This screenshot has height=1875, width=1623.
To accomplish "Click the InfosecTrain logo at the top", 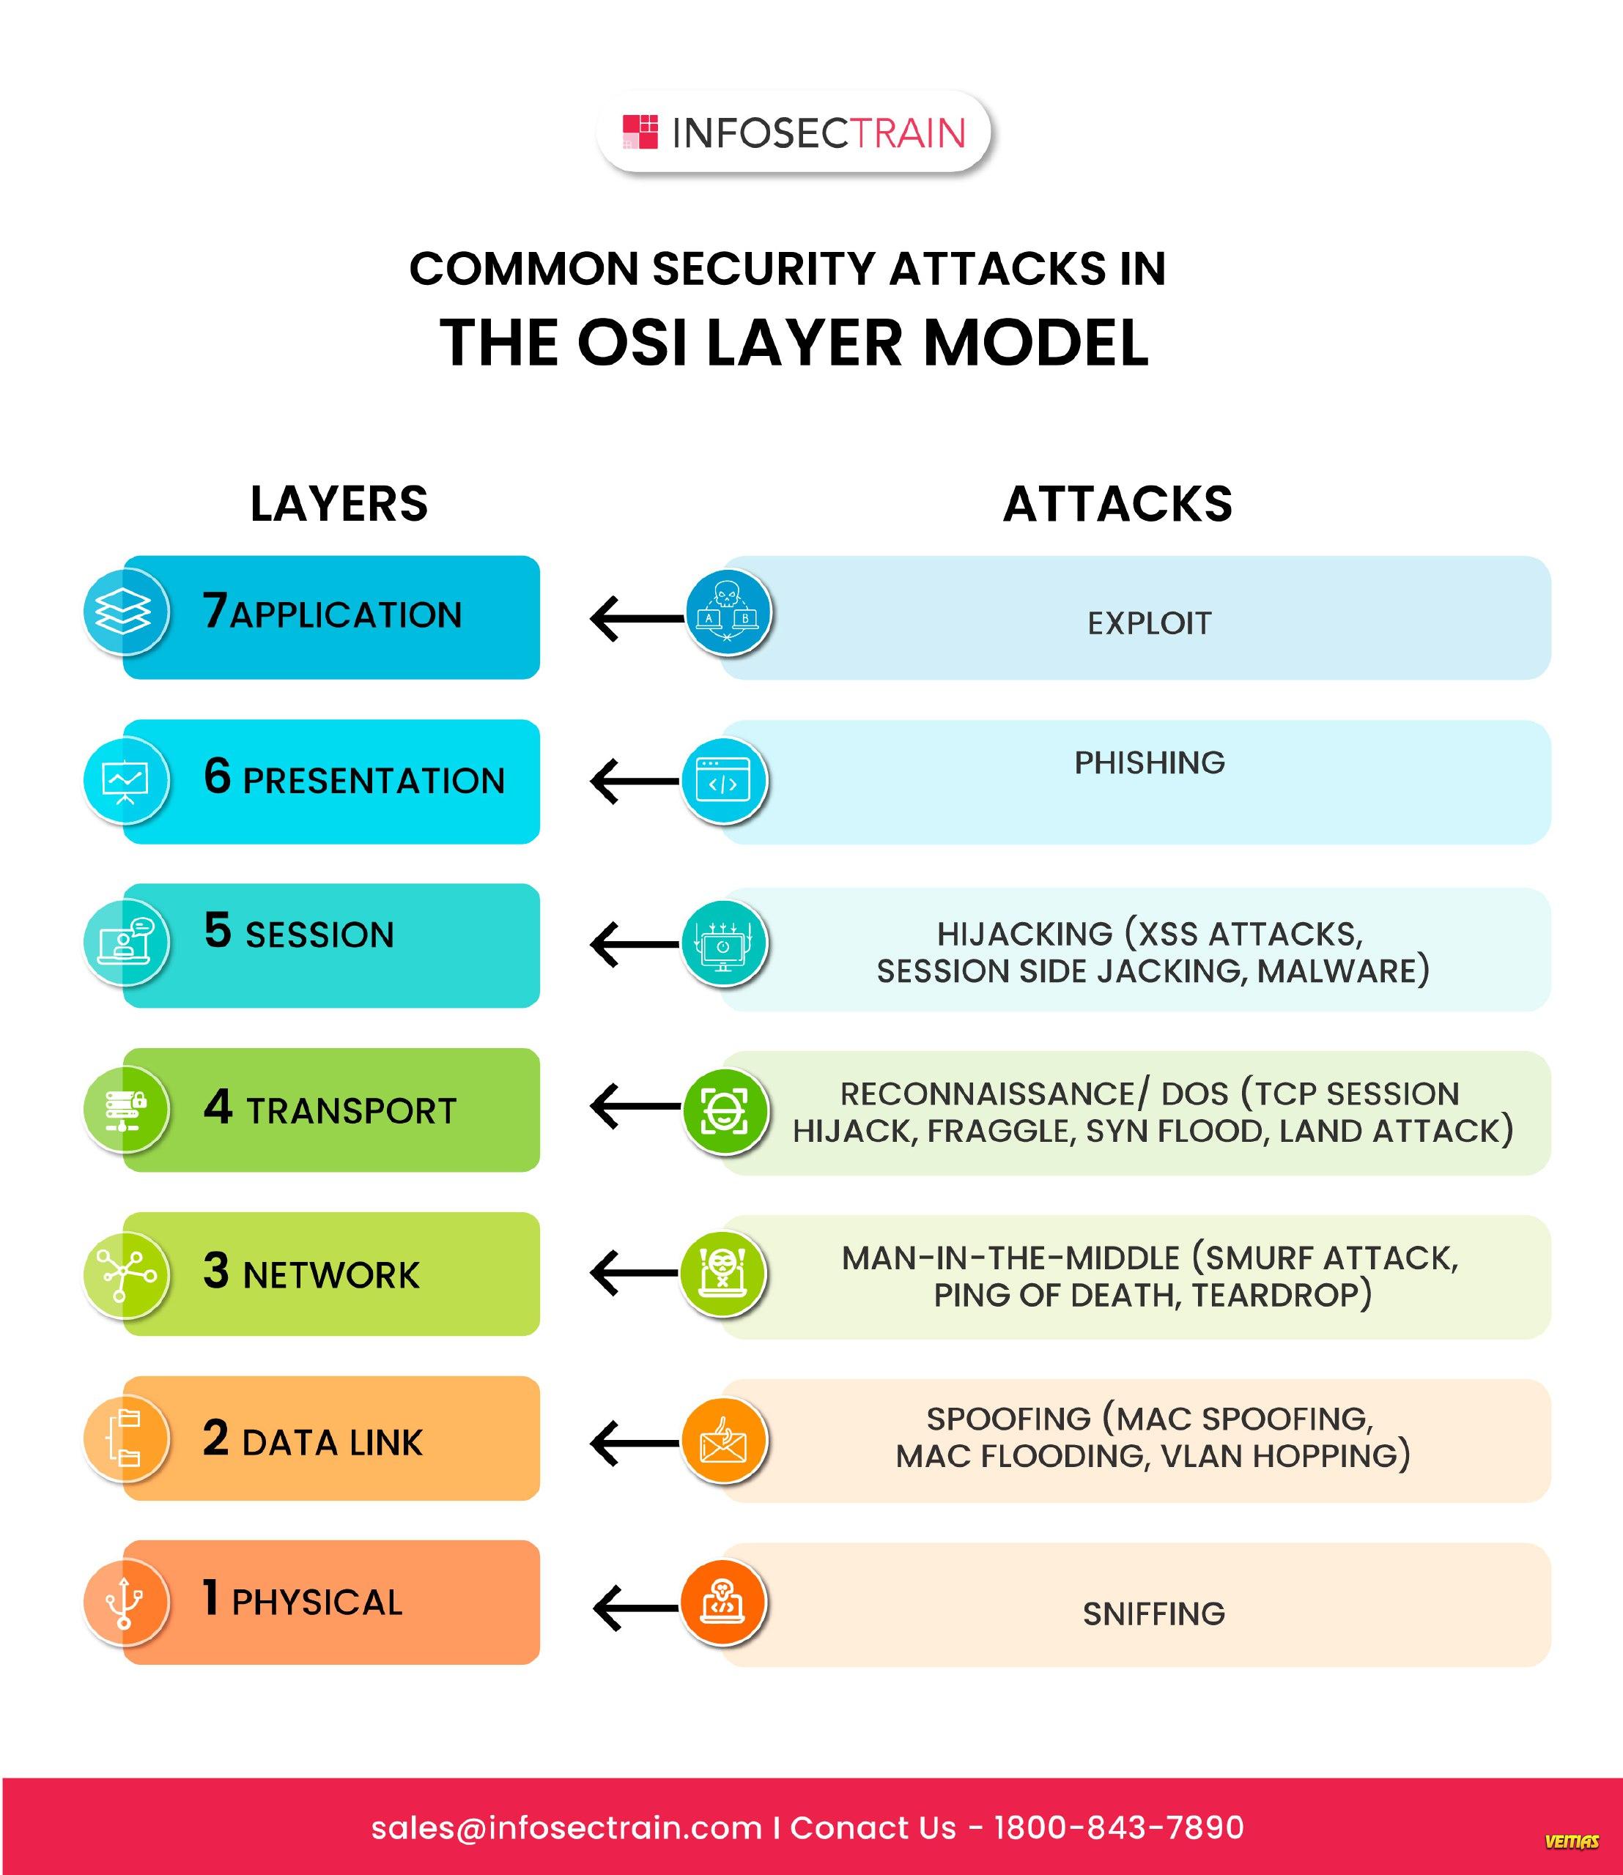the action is (794, 132).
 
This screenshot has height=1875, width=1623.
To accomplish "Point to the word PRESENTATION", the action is (374, 781).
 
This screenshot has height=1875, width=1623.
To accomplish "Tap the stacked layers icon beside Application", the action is (125, 613).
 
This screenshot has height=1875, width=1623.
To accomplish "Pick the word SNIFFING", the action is (1154, 1614).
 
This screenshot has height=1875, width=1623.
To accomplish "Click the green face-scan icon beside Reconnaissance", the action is (725, 1110).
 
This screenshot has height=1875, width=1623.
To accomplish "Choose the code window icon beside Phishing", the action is (722, 781).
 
